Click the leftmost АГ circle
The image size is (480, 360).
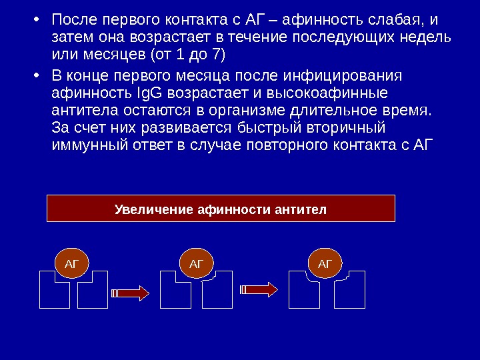(x=71, y=263)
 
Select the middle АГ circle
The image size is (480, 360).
(x=196, y=263)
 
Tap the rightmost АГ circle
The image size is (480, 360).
(x=325, y=263)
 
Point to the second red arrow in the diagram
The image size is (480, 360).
(x=259, y=289)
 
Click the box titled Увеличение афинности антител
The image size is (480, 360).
(x=221, y=208)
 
